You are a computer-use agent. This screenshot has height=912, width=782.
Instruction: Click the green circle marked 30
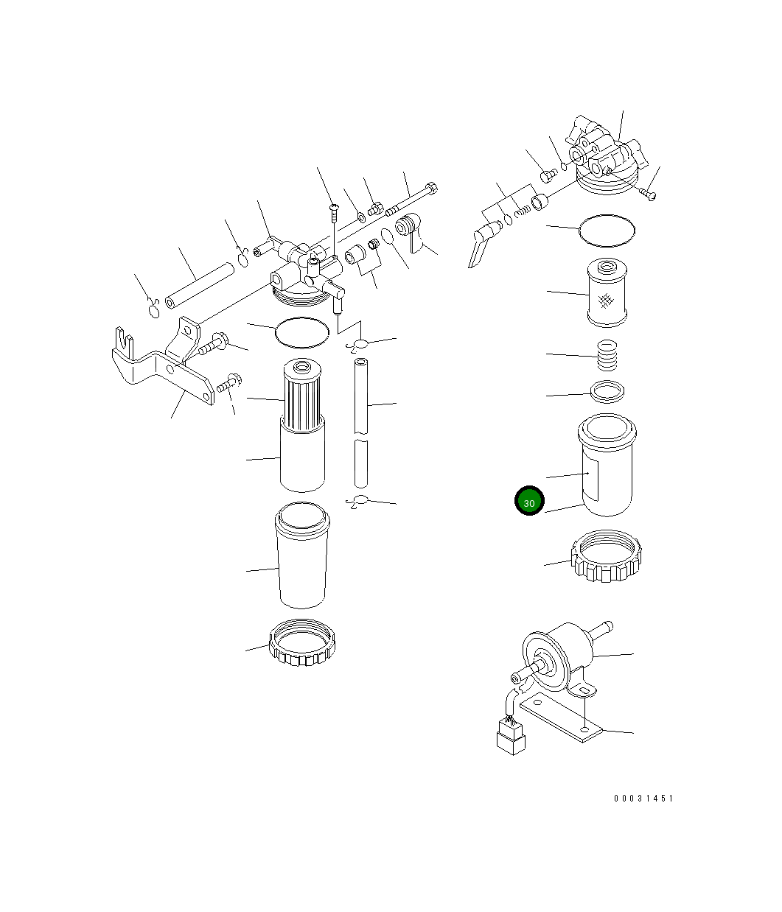(528, 502)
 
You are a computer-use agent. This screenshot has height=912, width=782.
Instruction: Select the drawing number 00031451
(643, 799)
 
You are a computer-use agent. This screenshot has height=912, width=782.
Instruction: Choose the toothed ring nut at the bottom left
(303, 643)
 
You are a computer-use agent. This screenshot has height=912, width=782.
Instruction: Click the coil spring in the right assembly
(608, 354)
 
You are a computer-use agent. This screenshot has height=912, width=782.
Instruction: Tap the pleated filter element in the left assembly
(302, 398)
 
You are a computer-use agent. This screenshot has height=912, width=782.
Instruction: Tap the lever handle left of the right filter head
(479, 245)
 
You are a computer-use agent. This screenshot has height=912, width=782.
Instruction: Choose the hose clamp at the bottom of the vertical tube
(359, 502)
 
